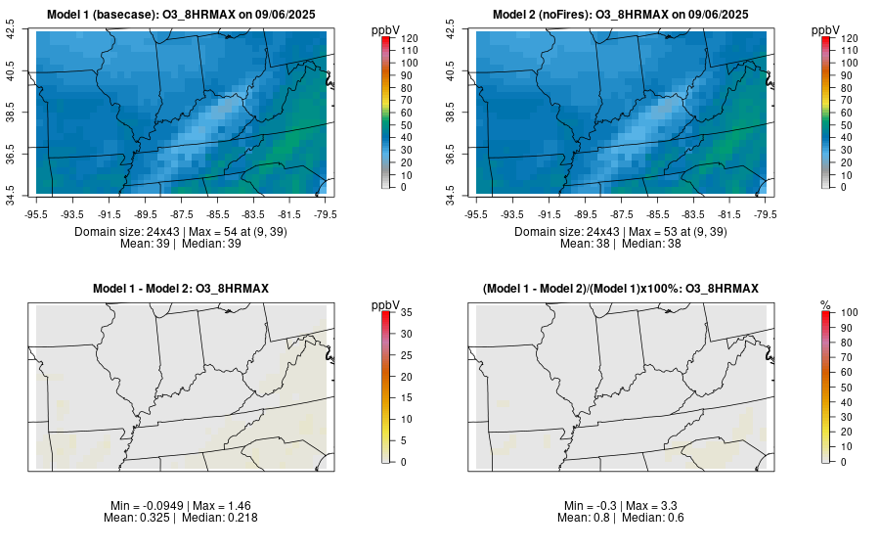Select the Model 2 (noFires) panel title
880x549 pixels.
pyautogui.click(x=621, y=14)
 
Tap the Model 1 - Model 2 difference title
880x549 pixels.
pyautogui.click(x=181, y=288)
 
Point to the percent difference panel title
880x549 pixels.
pyautogui.click(x=621, y=288)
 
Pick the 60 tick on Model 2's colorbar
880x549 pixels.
pyautogui.click(x=849, y=112)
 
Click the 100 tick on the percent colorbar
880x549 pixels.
pyautogui.click(x=849, y=313)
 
